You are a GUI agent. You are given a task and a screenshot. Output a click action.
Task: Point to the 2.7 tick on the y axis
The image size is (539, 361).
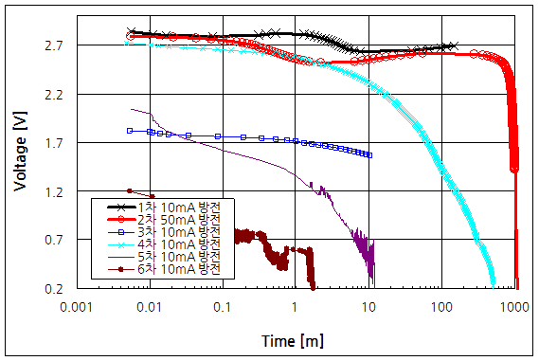tap(53, 45)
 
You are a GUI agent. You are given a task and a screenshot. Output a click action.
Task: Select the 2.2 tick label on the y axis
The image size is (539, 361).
tap(53, 95)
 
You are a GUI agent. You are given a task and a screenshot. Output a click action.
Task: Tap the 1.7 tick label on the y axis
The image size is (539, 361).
tap(53, 143)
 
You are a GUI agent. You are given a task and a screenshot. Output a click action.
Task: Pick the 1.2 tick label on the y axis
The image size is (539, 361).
tap(53, 192)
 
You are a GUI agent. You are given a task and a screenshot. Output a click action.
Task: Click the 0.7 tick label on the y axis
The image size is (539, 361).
tap(53, 241)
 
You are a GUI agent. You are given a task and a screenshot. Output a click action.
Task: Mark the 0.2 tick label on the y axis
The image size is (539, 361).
tap(53, 289)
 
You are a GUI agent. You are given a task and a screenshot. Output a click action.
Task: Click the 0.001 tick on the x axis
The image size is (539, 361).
tap(76, 307)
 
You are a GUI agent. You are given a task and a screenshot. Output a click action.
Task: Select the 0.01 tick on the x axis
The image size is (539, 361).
tap(149, 307)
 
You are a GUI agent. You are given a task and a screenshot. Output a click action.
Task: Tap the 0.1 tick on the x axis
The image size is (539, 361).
tap(222, 307)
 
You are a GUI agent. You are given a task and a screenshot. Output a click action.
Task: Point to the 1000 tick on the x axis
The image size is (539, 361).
tap(514, 307)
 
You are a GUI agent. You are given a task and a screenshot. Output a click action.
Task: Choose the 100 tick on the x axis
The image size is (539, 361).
tap(441, 307)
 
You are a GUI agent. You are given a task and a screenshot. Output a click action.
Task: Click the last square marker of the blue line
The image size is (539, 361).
tap(369, 155)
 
